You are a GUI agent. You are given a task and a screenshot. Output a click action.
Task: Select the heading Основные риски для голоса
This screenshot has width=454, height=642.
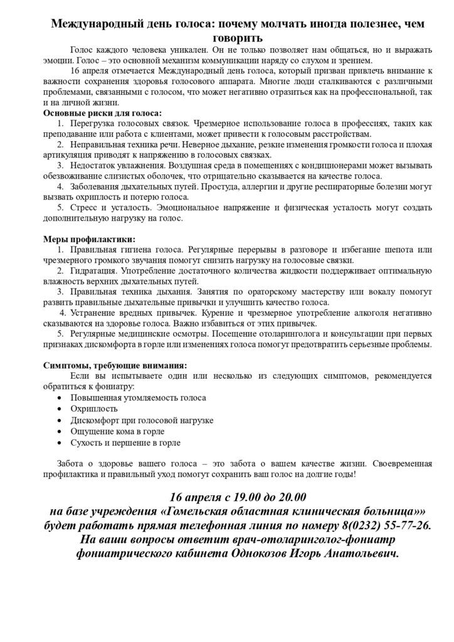102,113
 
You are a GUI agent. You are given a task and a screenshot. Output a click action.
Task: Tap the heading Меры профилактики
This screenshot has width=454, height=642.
88,239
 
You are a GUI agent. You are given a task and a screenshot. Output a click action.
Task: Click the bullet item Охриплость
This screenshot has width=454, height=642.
93,409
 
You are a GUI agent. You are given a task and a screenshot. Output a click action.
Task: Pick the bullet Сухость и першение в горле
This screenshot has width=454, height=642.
126,443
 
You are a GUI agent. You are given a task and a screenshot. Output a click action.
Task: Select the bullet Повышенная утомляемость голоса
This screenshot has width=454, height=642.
139,397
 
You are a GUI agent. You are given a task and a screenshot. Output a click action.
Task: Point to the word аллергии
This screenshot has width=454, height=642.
265,187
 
